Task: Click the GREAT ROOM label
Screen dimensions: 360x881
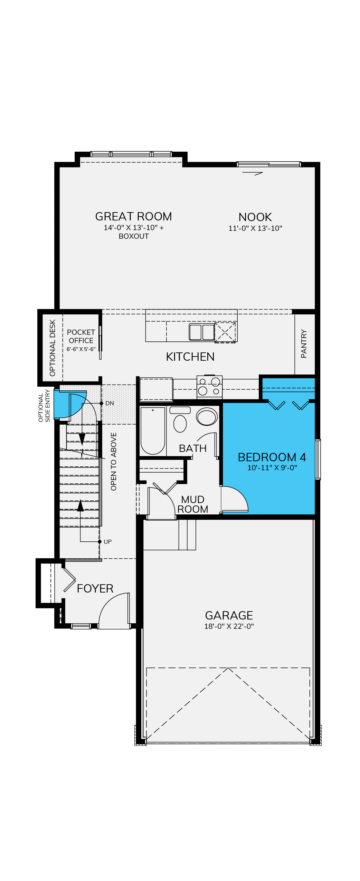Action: (133, 217)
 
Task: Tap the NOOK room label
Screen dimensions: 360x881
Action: (255, 217)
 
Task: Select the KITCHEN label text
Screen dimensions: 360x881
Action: (190, 357)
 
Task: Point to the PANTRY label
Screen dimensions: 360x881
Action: (304, 344)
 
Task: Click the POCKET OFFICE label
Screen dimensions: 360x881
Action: (81, 337)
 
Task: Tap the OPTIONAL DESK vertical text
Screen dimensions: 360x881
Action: (53, 348)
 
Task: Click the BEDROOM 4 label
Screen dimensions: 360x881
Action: (272, 457)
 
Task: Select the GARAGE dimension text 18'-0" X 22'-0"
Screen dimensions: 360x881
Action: (229, 626)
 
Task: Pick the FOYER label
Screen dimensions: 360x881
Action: (95, 589)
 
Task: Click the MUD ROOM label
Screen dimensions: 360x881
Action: (193, 504)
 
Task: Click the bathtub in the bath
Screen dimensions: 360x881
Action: (153, 431)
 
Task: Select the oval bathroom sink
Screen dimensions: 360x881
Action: (207, 416)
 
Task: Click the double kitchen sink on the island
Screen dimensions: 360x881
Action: (202, 332)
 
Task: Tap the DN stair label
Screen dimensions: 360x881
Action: (110, 404)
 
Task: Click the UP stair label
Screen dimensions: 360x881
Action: (107, 542)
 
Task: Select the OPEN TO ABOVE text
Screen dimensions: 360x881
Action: (114, 462)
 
